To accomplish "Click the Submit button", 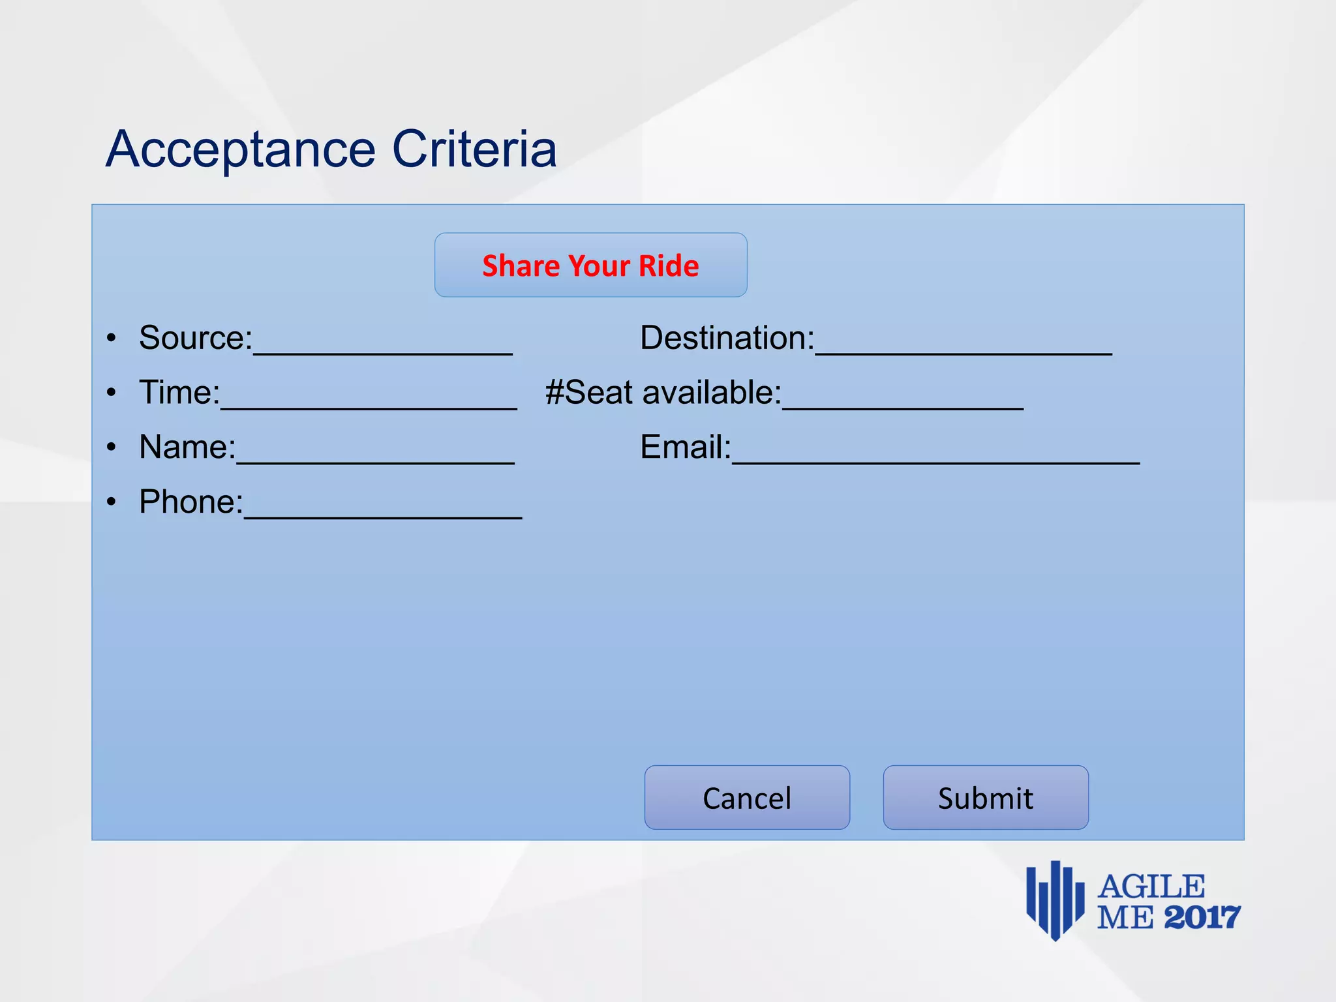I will [x=985, y=798].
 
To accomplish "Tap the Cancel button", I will [x=747, y=798].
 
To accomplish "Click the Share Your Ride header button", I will [x=590, y=266].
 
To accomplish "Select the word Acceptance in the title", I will [x=241, y=150].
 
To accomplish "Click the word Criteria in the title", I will [x=474, y=150].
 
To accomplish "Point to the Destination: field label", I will [x=727, y=338].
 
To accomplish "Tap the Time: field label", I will [x=179, y=393].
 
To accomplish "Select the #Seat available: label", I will [x=663, y=393].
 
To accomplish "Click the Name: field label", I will [x=187, y=448].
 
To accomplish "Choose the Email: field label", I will [x=685, y=448].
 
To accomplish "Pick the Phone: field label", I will [x=191, y=502].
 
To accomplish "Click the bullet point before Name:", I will [x=112, y=448].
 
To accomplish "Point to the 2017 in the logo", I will [x=1202, y=918].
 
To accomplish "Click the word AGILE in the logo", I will [x=1151, y=887].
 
